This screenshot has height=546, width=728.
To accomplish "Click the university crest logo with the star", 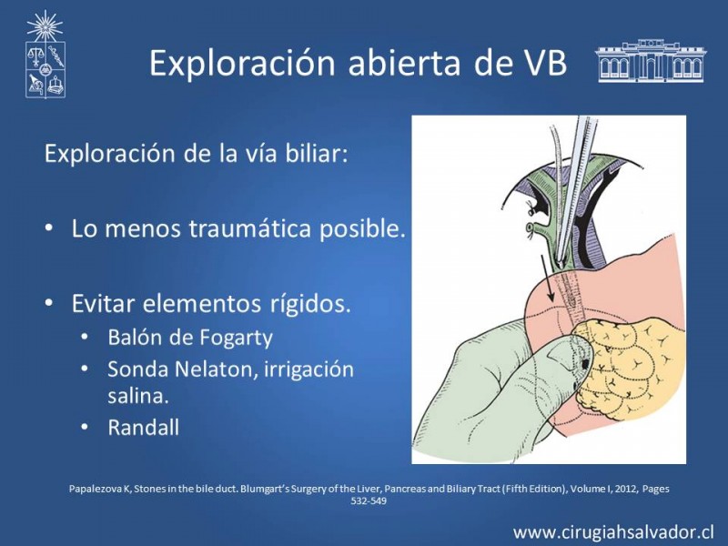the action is (45, 55).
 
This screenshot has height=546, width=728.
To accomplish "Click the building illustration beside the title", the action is (651, 61).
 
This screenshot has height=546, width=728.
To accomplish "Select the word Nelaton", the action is (217, 369).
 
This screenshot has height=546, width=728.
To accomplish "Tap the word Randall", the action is (143, 427).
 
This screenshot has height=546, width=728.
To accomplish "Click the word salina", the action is (138, 396).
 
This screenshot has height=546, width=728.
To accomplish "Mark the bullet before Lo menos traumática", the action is (49, 229).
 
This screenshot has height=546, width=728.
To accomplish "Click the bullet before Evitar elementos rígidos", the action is (49, 303).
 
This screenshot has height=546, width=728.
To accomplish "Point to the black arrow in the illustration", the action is (547, 278).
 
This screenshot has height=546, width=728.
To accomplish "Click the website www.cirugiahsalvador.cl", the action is (613, 531).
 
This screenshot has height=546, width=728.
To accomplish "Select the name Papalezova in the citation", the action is (96, 489).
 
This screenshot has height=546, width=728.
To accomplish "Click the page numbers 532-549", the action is (369, 501).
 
